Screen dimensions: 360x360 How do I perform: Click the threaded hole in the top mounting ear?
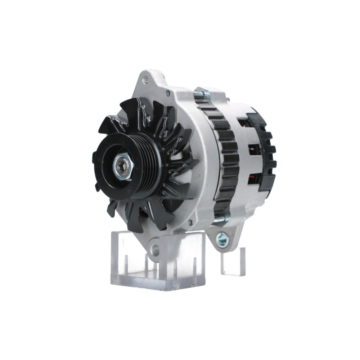pyautogui.click(x=145, y=80)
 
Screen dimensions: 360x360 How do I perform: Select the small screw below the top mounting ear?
pyautogui.click(x=168, y=93)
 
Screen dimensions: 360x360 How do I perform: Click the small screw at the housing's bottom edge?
pyautogui.click(x=190, y=223)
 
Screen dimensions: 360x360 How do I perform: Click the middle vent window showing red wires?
pyautogui.click(x=254, y=149)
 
